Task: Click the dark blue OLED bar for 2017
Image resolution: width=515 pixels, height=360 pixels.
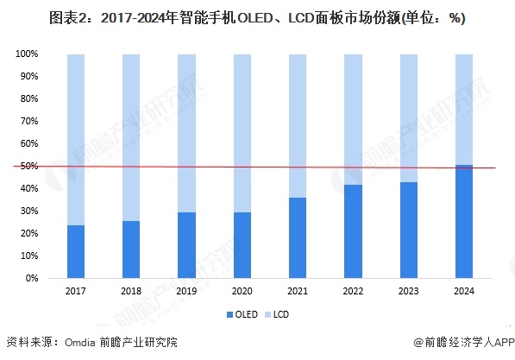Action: [x=76, y=252]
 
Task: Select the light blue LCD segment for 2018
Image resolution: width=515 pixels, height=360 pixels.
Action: [x=131, y=138]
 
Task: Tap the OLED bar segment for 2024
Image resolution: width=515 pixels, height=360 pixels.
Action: [x=463, y=222]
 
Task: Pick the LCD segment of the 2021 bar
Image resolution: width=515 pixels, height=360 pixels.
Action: [x=298, y=126]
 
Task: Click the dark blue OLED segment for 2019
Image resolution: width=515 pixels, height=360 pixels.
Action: [x=186, y=245]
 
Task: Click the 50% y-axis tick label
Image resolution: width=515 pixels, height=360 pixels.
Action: [x=29, y=167]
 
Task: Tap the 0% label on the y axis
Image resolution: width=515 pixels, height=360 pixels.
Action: [x=32, y=279]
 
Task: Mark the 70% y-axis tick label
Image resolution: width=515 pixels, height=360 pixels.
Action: [x=29, y=122]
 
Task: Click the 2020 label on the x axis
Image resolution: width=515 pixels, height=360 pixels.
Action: [x=242, y=292]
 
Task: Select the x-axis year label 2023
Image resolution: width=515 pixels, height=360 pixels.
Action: [x=408, y=292]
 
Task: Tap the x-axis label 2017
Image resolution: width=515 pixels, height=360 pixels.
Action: [x=76, y=292]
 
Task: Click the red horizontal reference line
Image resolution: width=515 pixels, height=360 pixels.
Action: [x=259, y=167]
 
